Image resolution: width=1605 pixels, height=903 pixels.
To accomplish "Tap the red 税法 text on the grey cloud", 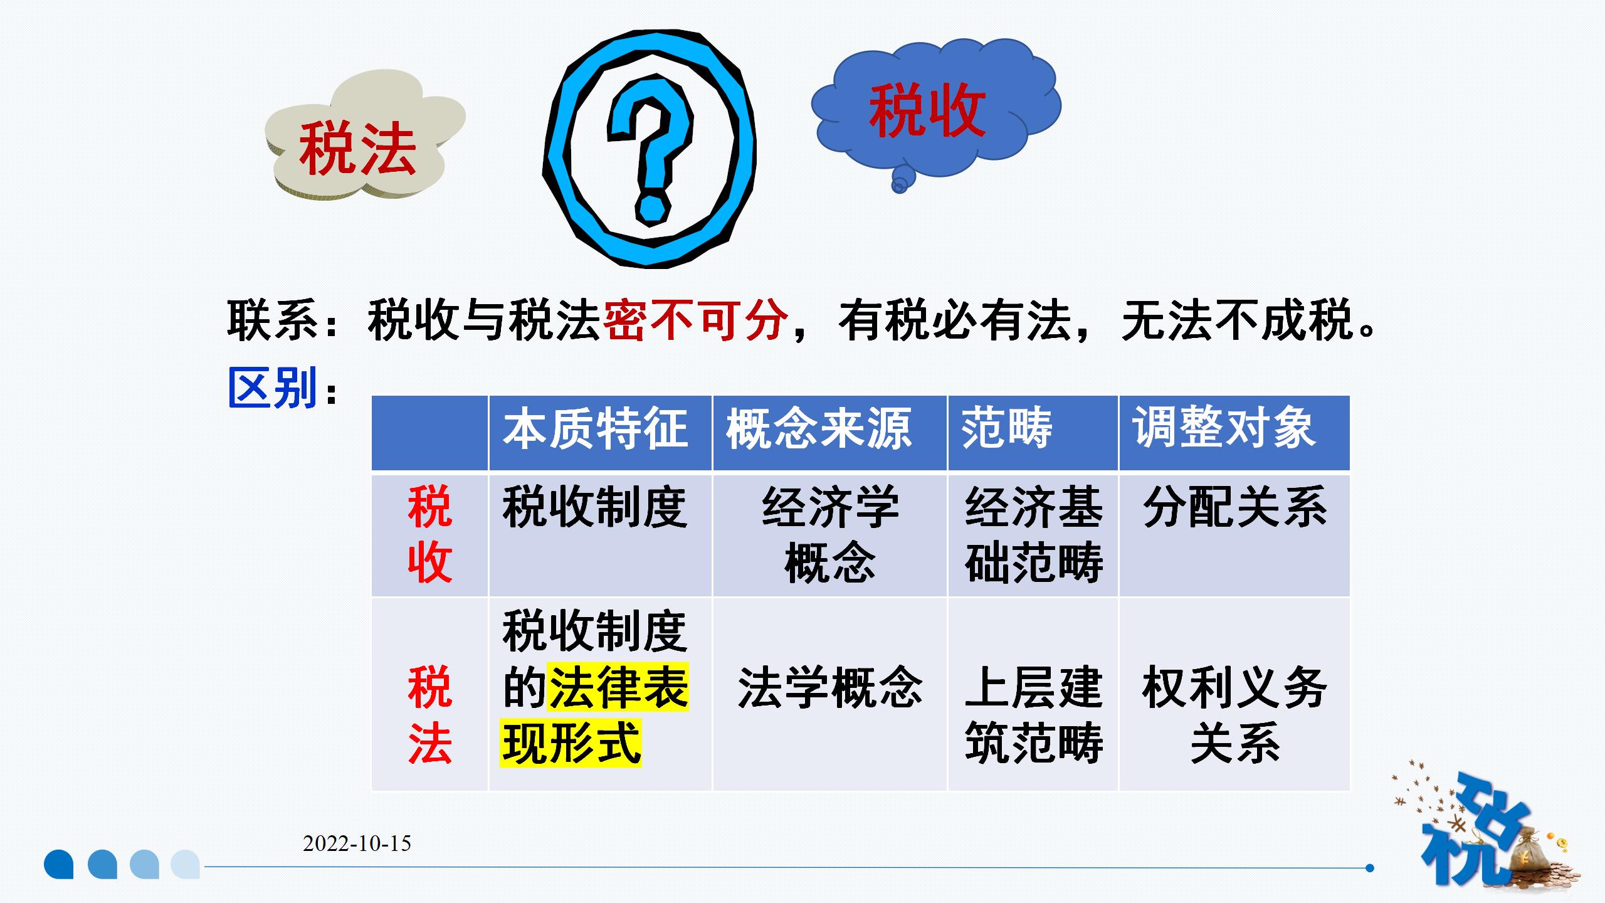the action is (x=357, y=149).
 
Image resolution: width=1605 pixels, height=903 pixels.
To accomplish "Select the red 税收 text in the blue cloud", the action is (x=927, y=111).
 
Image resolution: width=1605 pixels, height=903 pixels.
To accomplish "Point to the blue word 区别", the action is (x=273, y=388).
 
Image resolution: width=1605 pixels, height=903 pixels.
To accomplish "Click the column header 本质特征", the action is (x=595, y=428).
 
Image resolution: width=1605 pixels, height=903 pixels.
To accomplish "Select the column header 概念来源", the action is (x=819, y=428).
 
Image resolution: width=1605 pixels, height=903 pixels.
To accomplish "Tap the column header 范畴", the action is (x=1007, y=428).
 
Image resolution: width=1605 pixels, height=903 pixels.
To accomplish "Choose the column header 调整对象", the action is (x=1224, y=428).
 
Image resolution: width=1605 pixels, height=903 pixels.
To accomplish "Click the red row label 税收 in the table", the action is (x=430, y=534).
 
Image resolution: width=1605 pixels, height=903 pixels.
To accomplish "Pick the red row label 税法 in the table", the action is (x=430, y=715).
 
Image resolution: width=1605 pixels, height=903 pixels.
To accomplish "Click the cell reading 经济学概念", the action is (x=830, y=534).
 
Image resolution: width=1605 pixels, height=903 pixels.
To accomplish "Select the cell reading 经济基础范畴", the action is (x=1034, y=534).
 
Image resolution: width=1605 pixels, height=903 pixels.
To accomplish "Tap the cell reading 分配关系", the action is (x=1235, y=507).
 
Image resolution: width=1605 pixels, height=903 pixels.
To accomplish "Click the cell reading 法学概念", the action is (x=830, y=688).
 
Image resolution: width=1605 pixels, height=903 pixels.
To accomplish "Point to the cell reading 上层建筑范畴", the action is (x=1034, y=715).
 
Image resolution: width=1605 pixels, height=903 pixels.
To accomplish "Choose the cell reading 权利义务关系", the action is (x=1235, y=715).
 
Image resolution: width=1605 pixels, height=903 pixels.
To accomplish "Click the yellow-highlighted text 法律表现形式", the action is (x=595, y=715).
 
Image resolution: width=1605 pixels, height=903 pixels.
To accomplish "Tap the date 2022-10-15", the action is (x=357, y=843).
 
